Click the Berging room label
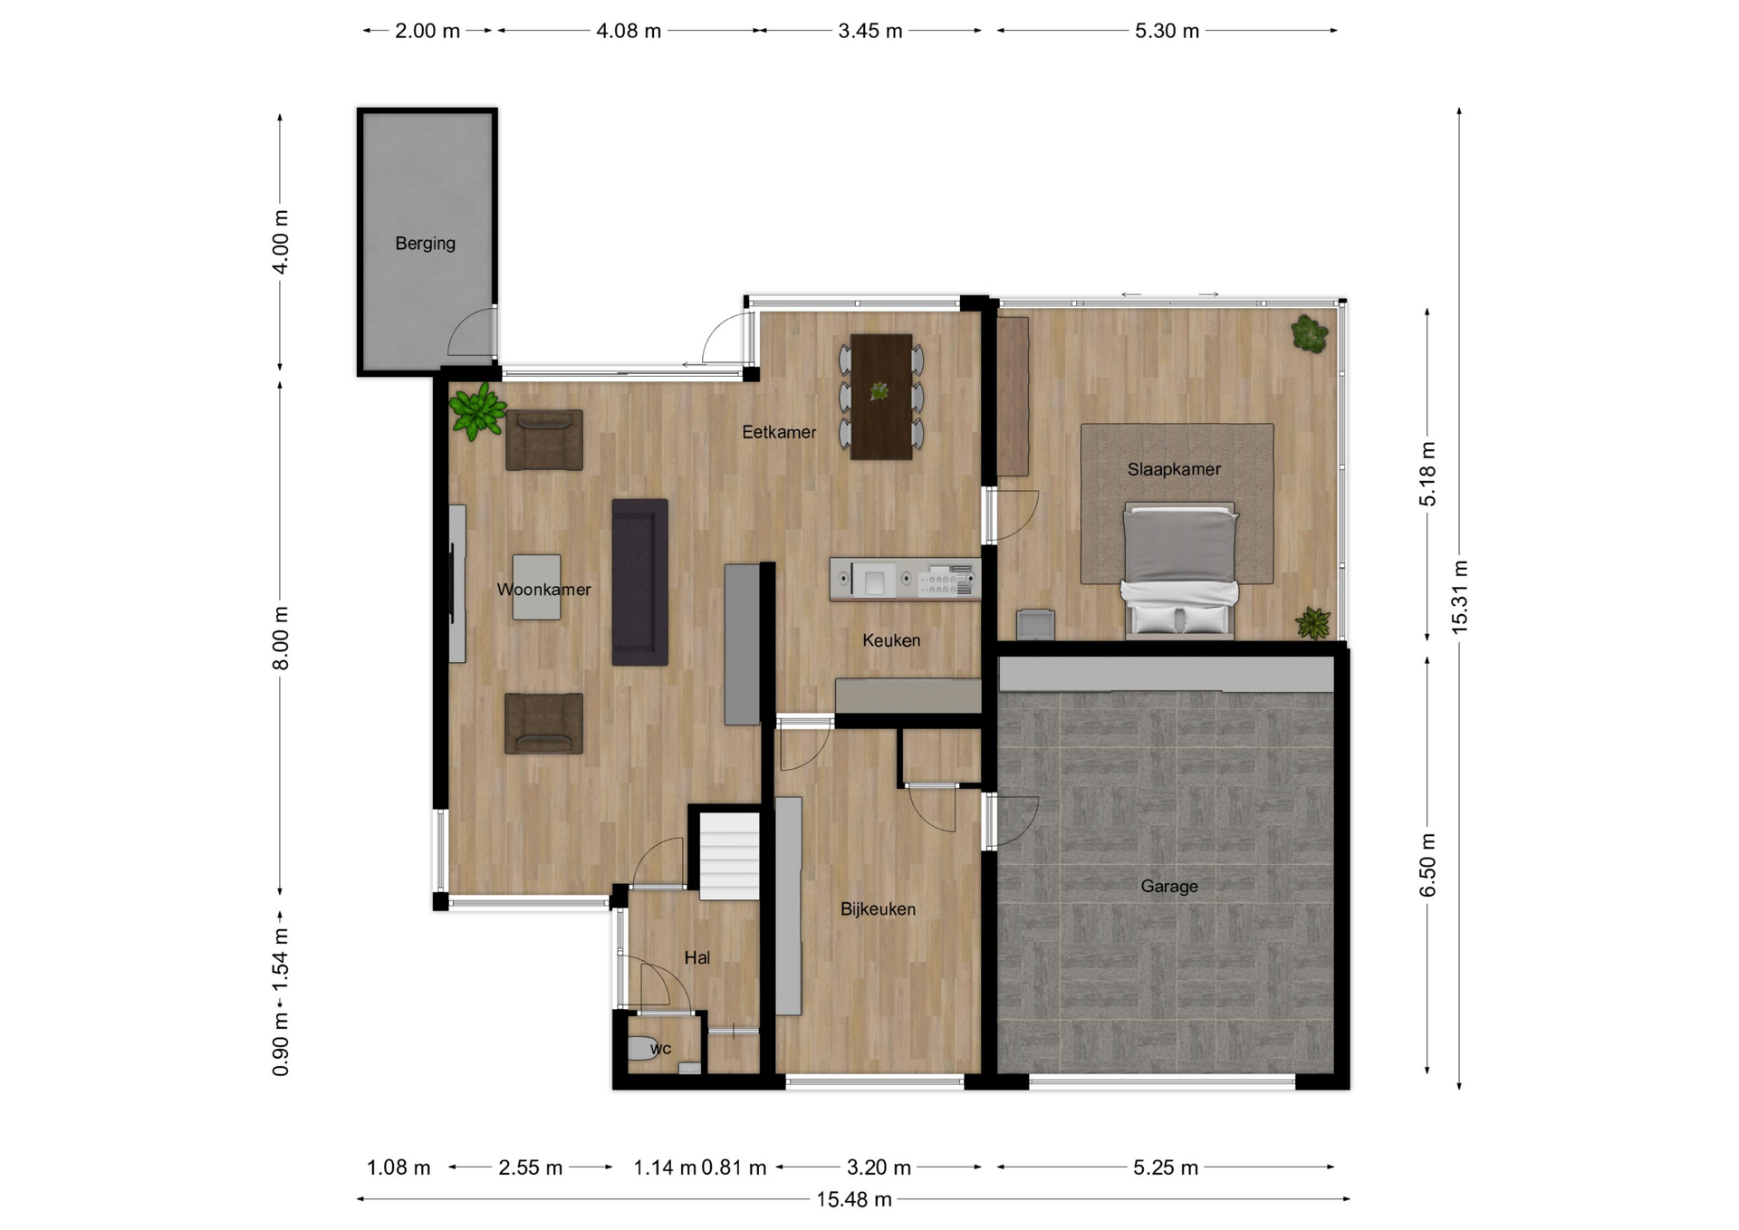pos(425,243)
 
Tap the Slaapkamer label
pos(1174,469)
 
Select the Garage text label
pos(1168,886)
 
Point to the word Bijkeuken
pos(878,908)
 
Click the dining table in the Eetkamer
pos(880,397)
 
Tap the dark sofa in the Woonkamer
pos(639,582)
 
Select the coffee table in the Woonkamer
pos(536,587)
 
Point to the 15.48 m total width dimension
pos(854,1199)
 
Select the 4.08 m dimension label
pos(629,31)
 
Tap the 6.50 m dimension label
pos(1427,865)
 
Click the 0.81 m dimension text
pos(734,1168)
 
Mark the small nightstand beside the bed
pos(1035,625)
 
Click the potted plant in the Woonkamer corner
pos(476,411)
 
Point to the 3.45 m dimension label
pos(869,31)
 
